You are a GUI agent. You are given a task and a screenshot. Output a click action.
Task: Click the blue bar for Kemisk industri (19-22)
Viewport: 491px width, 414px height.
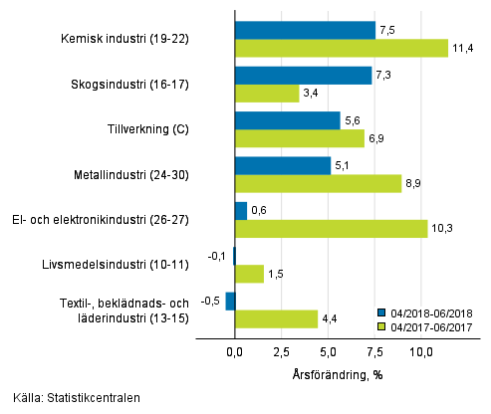coord(305,30)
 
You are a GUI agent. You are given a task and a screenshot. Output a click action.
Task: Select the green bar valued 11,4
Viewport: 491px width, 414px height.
coord(341,48)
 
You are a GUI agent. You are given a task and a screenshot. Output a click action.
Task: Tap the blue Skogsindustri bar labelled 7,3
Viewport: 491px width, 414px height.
coord(303,76)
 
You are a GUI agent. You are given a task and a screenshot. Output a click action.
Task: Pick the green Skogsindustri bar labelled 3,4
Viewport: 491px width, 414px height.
coord(266,94)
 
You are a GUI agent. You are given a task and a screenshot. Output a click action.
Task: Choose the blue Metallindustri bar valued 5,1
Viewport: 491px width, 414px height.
coord(282,165)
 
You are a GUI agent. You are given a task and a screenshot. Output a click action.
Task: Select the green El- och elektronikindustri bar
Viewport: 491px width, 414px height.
coord(331,229)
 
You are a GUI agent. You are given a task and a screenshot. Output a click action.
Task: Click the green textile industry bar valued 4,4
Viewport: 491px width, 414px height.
coord(276,318)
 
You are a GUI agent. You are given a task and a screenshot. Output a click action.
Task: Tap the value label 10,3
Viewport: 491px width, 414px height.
coord(442,229)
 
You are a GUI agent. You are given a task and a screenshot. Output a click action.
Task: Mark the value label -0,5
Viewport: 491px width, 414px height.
coord(211,301)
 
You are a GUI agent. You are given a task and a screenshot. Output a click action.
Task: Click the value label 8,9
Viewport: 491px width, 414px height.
coord(416,183)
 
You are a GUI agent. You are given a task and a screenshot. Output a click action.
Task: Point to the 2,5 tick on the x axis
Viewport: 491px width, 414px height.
coord(281,351)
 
